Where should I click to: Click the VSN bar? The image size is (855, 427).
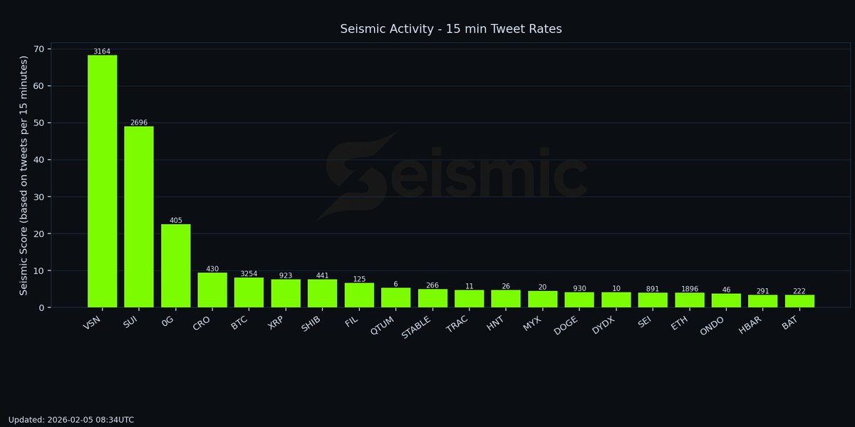(x=102, y=181)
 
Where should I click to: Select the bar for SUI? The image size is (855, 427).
(x=139, y=217)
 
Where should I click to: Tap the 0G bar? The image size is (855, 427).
(x=175, y=265)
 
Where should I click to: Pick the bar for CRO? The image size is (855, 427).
(x=212, y=290)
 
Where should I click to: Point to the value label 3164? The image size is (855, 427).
(x=102, y=51)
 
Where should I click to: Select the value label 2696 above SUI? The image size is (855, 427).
(x=139, y=122)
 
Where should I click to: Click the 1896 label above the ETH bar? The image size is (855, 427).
(x=689, y=289)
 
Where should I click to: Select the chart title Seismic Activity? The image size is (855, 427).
(x=451, y=29)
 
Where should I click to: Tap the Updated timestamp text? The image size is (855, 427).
(x=71, y=420)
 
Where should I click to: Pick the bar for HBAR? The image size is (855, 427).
(x=762, y=301)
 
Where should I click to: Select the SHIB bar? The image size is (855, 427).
(x=322, y=293)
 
